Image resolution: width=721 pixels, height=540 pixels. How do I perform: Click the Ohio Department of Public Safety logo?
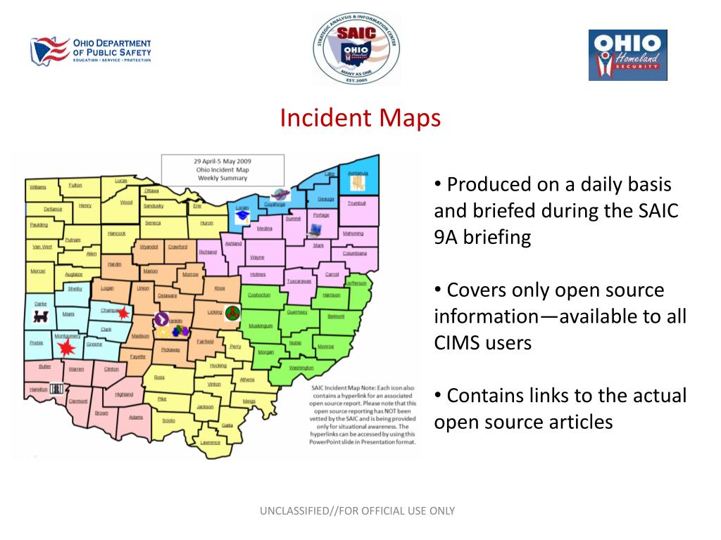click(90, 51)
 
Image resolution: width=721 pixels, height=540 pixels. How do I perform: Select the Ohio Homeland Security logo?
click(627, 55)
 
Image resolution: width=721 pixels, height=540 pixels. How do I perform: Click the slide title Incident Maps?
click(360, 117)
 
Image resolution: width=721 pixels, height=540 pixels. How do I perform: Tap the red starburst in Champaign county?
click(124, 312)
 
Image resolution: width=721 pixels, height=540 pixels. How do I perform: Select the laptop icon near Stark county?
click(314, 229)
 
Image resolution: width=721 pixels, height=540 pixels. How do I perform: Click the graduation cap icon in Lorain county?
click(243, 217)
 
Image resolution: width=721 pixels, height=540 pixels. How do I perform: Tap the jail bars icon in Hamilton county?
click(57, 388)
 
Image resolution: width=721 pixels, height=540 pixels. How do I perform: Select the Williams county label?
click(37, 187)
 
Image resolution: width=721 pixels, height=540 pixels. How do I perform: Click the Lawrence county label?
click(210, 442)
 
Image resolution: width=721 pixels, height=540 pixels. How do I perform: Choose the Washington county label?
click(301, 368)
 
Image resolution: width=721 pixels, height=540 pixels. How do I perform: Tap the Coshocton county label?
click(259, 295)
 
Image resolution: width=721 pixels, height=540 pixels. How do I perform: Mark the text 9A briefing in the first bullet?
click(482, 237)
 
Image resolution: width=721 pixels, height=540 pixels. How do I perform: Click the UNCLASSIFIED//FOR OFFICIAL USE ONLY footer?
click(358, 511)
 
